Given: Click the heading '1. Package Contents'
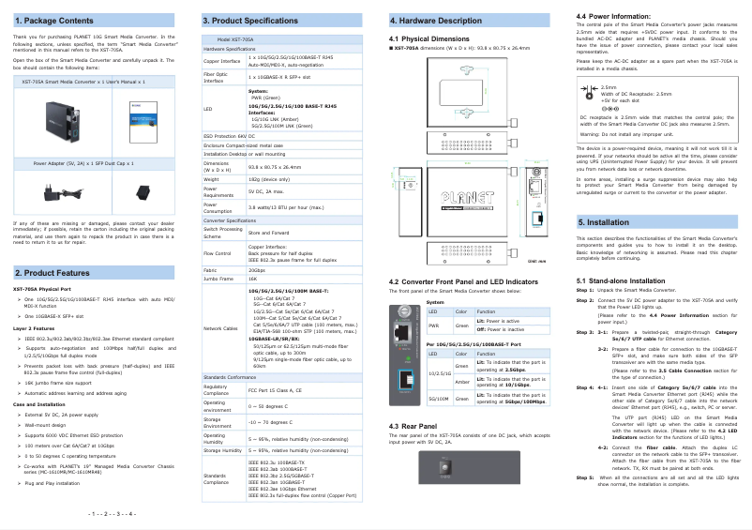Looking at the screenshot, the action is (53, 20).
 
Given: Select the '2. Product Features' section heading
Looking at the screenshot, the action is (53, 272).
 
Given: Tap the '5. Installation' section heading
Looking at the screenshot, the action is (604, 222).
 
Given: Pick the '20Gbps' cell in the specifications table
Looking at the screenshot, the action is (257, 270).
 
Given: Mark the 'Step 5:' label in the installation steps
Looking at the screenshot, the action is (584, 477).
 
